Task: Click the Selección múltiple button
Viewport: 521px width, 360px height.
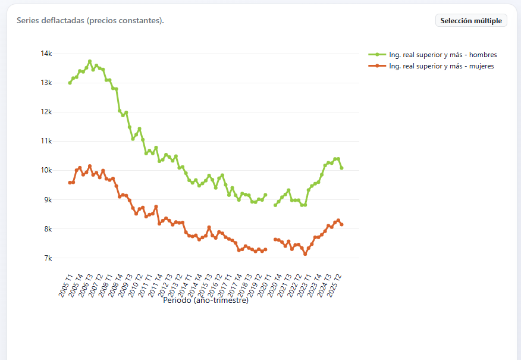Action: coord(471,20)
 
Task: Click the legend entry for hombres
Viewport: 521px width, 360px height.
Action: coord(432,55)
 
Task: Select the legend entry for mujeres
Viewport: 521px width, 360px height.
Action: coord(431,66)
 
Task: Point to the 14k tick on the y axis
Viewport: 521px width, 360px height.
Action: coord(46,54)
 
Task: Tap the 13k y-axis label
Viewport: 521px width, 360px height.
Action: coord(46,83)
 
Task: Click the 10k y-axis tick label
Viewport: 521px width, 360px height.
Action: coord(46,170)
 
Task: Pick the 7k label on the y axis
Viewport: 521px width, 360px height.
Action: coord(48,258)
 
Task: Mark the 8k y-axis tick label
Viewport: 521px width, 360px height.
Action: coord(48,228)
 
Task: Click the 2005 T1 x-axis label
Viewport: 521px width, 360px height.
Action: coord(65,286)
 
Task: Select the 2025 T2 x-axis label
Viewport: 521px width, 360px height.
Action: coord(334,286)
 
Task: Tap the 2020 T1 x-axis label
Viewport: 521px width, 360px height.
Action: coord(265,286)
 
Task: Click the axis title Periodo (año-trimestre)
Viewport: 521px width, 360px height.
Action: coord(206,300)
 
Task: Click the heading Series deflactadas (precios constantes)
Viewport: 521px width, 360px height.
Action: coord(90,20)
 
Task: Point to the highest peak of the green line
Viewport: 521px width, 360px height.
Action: coord(90,61)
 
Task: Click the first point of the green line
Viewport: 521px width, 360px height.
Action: coord(70,83)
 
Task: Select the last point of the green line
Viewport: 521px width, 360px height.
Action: coord(341,168)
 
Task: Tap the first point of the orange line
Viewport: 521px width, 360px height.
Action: coord(70,183)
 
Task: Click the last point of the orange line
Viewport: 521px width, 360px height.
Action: coord(341,225)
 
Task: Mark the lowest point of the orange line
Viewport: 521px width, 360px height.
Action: coord(305,254)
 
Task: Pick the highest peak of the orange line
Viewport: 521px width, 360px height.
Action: coord(90,166)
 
